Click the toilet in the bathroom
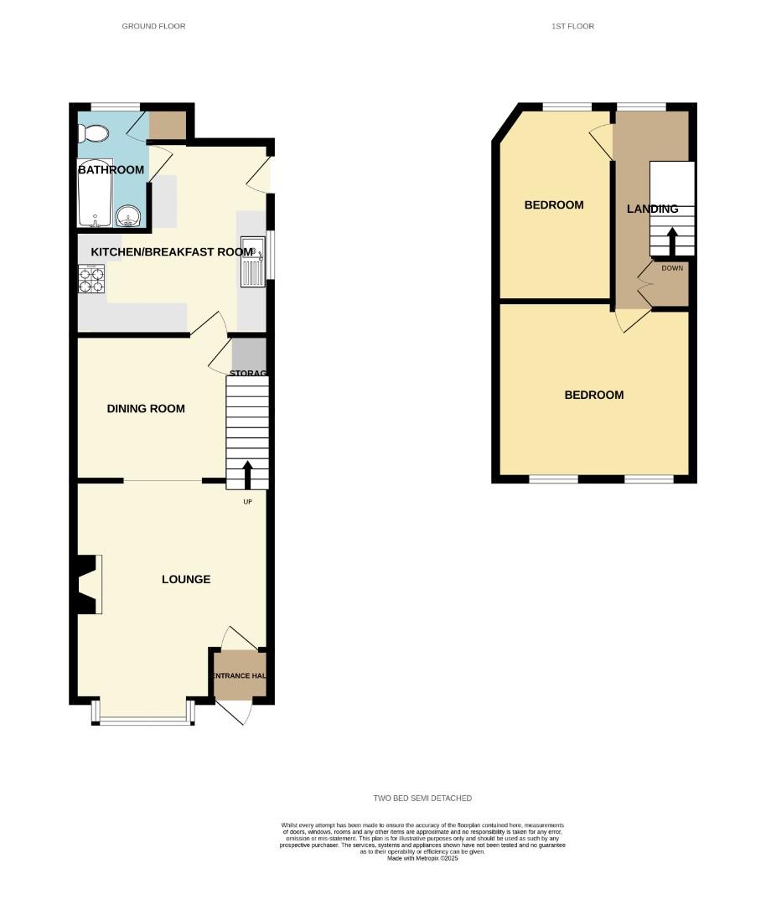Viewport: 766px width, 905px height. (x=94, y=134)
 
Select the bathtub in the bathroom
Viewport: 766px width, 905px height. (x=95, y=194)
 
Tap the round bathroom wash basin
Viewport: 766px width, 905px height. (x=128, y=217)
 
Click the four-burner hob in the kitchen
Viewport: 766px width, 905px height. (x=91, y=279)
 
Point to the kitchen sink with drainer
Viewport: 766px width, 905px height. (x=253, y=261)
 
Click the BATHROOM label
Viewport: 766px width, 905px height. (x=111, y=170)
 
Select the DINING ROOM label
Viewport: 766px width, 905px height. (x=146, y=409)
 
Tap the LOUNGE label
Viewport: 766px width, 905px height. (x=186, y=579)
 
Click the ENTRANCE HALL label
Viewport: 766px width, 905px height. (x=239, y=676)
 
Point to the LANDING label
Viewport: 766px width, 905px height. (x=653, y=209)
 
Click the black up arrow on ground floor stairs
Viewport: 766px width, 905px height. (x=247, y=474)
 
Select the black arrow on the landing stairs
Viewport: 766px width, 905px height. (x=672, y=241)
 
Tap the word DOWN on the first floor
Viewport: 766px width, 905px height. (x=672, y=269)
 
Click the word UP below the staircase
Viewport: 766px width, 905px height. (x=247, y=502)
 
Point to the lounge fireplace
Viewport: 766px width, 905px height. (x=87, y=584)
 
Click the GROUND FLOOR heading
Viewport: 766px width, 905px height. (x=153, y=27)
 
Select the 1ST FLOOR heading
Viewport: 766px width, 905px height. (x=572, y=27)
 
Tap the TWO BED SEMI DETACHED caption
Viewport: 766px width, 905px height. (x=422, y=799)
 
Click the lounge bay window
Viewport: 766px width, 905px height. (x=143, y=712)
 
